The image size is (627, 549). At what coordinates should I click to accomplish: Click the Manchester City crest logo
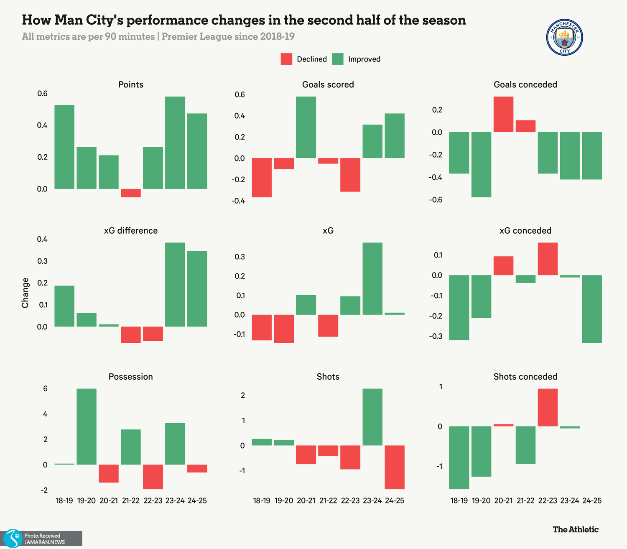(x=565, y=38)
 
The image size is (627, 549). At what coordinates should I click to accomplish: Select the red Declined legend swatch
(x=286, y=59)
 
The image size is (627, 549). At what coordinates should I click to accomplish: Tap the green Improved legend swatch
(x=337, y=59)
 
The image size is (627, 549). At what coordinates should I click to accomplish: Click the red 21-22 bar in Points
(x=131, y=193)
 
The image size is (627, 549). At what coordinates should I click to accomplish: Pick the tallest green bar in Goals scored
(x=306, y=127)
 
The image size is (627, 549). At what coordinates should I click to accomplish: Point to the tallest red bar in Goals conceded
(x=503, y=114)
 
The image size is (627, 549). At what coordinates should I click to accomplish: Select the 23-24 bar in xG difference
(x=175, y=284)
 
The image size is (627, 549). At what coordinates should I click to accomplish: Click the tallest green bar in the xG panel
(x=372, y=278)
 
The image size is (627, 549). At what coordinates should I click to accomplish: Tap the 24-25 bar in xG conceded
(x=591, y=309)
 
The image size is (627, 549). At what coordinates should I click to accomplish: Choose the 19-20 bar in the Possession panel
(x=87, y=426)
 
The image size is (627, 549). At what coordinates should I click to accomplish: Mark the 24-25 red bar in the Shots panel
(x=394, y=467)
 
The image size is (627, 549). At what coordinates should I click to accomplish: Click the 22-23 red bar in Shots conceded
(x=548, y=407)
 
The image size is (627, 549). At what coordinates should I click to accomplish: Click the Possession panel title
(x=131, y=377)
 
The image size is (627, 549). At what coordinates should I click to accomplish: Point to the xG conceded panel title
(x=525, y=231)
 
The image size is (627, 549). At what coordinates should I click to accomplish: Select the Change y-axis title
(x=25, y=293)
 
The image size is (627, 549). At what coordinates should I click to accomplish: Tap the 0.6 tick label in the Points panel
(x=42, y=94)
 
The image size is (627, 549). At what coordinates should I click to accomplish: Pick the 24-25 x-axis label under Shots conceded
(x=591, y=500)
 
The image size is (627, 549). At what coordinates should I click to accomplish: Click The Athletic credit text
(x=576, y=529)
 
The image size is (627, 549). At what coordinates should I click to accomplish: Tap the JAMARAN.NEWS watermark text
(x=44, y=542)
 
